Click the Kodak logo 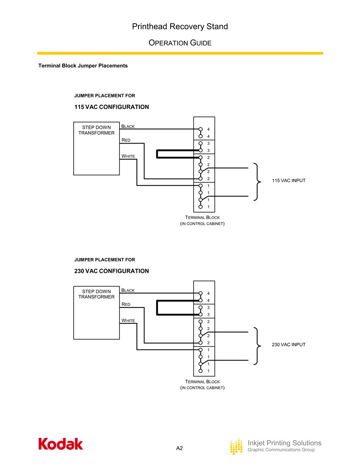click(x=61, y=444)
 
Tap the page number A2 click(x=180, y=448)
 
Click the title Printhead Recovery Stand click(x=180, y=27)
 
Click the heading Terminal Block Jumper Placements click(x=83, y=66)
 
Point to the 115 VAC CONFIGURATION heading click(x=111, y=107)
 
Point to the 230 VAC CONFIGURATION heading click(x=111, y=271)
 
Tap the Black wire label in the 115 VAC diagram click(x=128, y=126)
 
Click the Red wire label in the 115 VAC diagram click(x=126, y=140)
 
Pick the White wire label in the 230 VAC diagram click(x=128, y=320)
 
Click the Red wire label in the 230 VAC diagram click(x=126, y=305)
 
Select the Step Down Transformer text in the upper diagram click(x=97, y=130)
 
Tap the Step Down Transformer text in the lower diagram click(x=97, y=294)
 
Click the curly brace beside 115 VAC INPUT click(x=257, y=181)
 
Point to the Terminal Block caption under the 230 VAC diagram click(x=202, y=385)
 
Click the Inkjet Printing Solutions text click(x=284, y=443)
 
